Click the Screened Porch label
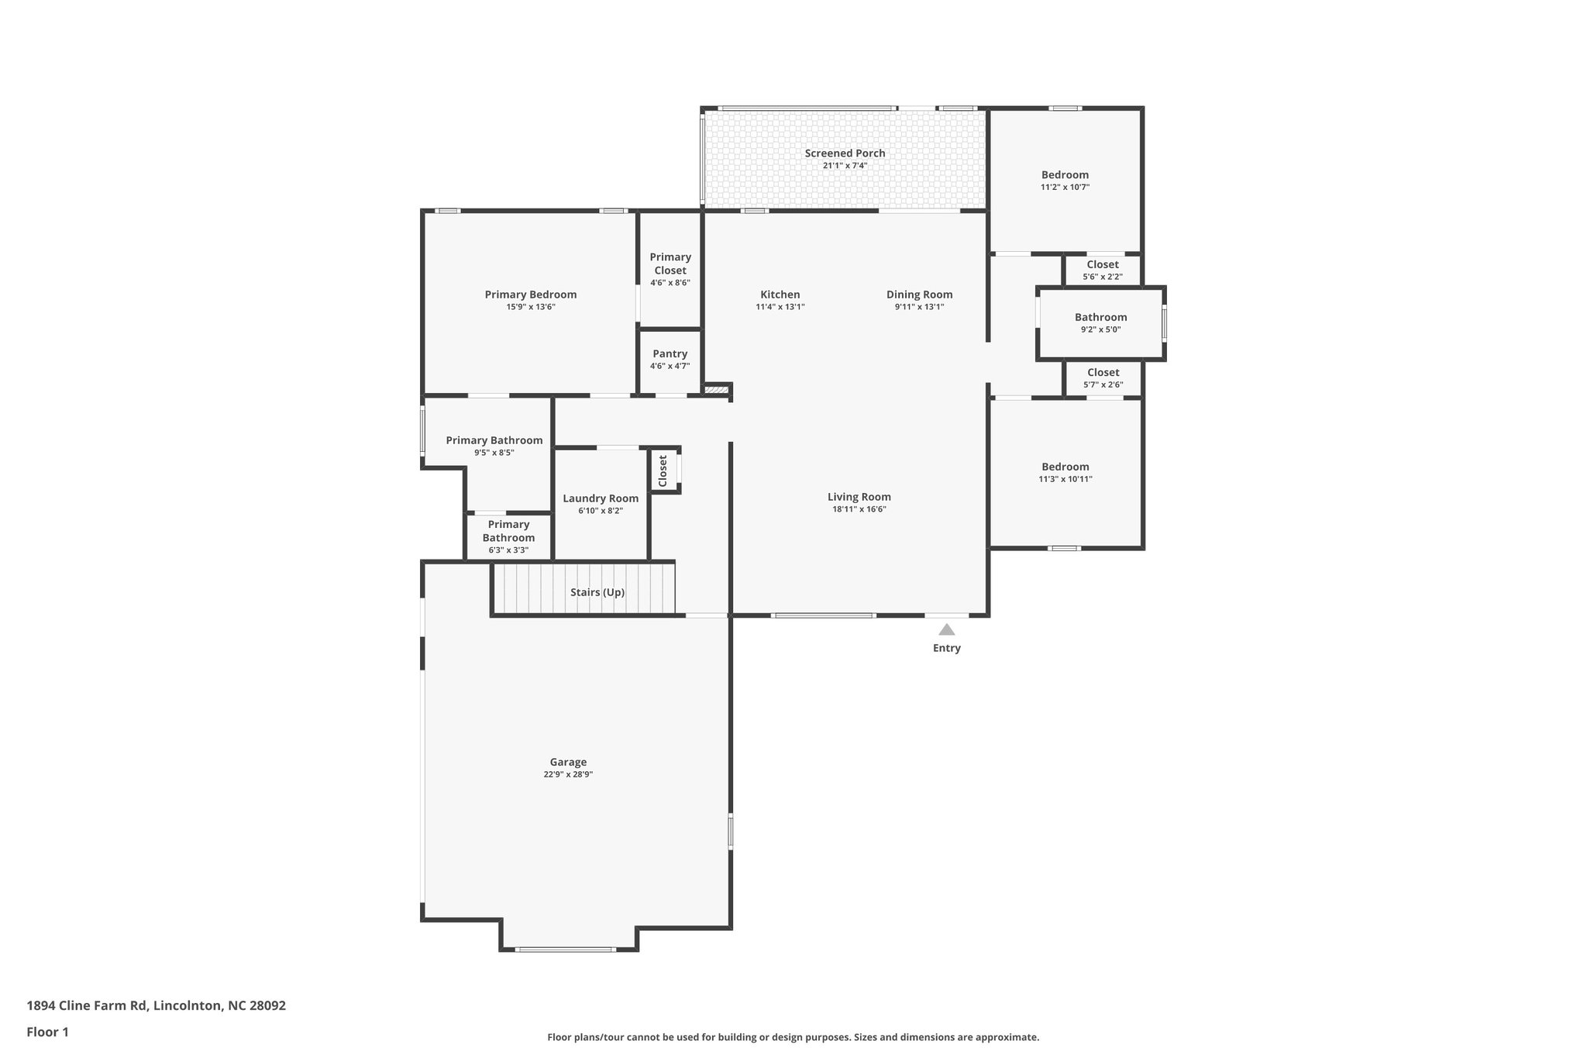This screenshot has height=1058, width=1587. click(x=845, y=153)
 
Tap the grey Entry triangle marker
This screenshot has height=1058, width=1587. click(x=946, y=629)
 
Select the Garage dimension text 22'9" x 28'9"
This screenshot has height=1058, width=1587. click(x=568, y=774)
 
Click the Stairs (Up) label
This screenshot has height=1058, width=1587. click(x=597, y=592)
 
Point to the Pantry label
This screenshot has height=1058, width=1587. click(x=670, y=354)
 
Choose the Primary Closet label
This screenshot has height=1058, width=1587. click(x=670, y=264)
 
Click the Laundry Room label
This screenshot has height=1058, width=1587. click(x=601, y=498)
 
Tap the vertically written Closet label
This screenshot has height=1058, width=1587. click(x=663, y=470)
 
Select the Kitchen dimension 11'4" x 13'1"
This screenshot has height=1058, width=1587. click(x=780, y=307)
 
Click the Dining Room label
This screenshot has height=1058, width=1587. click(x=919, y=295)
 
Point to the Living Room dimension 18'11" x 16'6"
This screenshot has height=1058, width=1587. click(x=859, y=509)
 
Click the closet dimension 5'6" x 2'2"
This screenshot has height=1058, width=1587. click(x=1102, y=277)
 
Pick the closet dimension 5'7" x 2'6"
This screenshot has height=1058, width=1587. click(x=1103, y=384)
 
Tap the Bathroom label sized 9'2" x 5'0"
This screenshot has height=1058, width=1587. click(x=1100, y=317)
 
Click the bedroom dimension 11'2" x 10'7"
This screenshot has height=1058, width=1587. click(x=1065, y=187)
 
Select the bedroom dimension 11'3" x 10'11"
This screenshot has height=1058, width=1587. click(x=1065, y=479)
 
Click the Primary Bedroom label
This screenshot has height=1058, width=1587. click(x=530, y=295)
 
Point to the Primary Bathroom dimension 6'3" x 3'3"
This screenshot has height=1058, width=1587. click(x=508, y=550)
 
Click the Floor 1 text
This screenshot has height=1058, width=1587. click(x=47, y=1032)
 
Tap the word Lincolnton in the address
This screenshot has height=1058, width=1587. click(x=188, y=1006)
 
